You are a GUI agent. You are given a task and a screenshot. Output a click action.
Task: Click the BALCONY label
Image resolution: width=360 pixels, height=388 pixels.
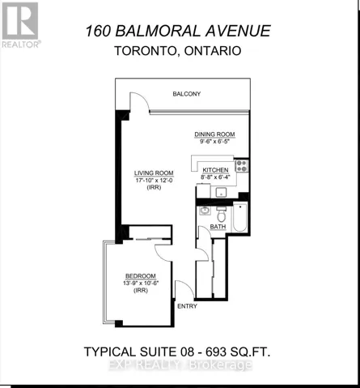[186, 94]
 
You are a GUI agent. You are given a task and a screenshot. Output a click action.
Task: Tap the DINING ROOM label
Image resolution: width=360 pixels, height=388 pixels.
[214, 134]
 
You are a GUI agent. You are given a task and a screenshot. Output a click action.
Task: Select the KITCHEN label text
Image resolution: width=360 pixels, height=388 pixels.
[215, 169]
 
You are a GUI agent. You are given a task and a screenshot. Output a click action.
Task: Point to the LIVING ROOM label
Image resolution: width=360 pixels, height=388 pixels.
[154, 173]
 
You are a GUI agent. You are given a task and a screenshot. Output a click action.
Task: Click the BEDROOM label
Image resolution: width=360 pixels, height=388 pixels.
[140, 276]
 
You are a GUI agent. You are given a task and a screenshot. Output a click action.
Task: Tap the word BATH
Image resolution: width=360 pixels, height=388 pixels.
[218, 227]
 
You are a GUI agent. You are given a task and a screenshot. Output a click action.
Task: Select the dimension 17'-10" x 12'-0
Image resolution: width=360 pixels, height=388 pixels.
[154, 181]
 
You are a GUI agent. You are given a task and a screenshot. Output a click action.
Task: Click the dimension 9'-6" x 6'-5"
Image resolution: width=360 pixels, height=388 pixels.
[214, 142]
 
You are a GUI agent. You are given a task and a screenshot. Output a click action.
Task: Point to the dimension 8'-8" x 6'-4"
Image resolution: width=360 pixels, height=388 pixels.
[215, 177]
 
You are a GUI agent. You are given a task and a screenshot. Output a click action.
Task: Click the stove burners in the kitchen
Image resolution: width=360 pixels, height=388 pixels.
[240, 168]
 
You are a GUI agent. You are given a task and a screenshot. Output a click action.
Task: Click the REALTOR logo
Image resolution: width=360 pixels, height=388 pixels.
[19, 23]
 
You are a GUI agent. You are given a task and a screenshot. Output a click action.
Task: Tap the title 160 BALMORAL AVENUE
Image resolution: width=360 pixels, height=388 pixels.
[177, 32]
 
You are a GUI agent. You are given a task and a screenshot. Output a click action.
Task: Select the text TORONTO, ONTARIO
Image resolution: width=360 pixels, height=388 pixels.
[177, 52]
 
